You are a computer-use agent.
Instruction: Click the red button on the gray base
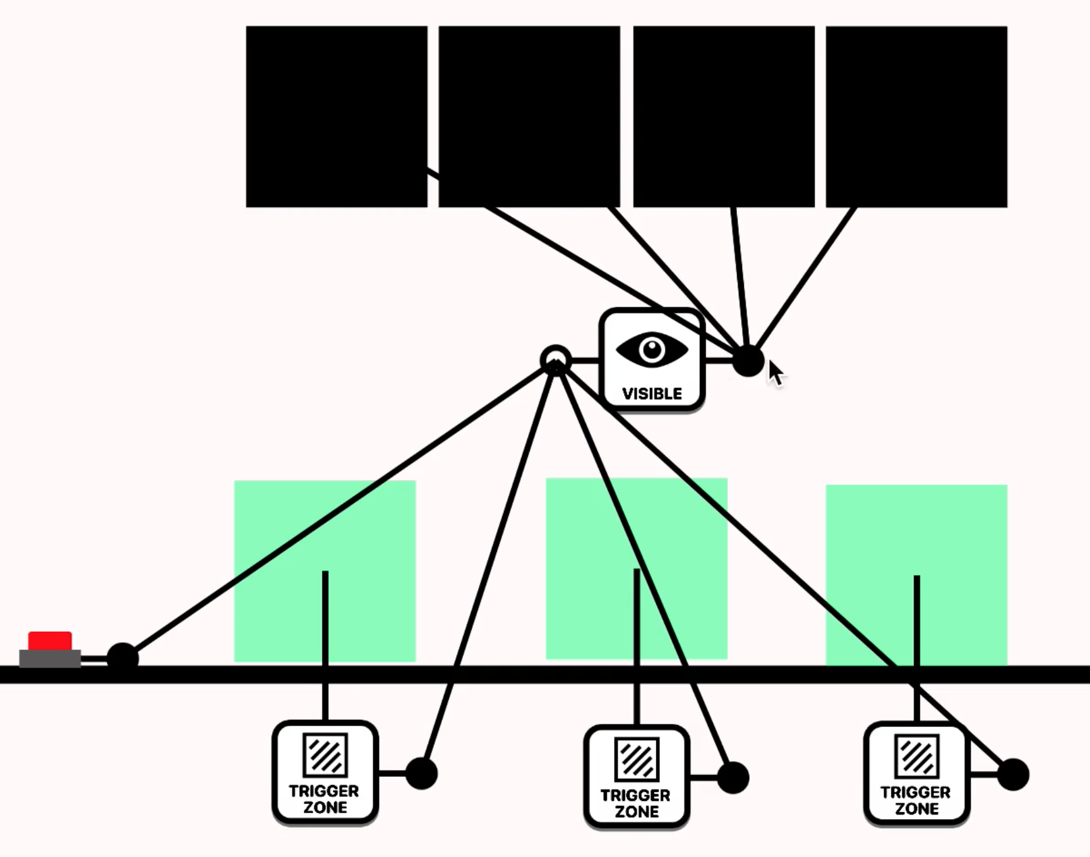[50, 641]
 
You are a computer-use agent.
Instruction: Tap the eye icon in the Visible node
[652, 349]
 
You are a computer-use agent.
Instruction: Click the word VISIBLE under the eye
[652, 394]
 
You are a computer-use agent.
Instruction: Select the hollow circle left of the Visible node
[556, 360]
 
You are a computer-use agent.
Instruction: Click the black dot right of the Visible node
[748, 361]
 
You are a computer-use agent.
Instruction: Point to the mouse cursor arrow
[776, 373]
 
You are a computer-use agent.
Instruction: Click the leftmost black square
[337, 117]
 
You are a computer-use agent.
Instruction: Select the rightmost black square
[916, 117]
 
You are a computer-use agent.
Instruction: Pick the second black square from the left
[529, 117]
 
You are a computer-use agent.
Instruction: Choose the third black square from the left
[724, 117]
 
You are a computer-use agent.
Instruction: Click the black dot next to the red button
[123, 658]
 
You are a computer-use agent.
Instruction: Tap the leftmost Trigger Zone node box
[325, 772]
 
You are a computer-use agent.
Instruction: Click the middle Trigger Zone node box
[637, 776]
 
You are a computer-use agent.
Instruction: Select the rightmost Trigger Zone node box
[916, 774]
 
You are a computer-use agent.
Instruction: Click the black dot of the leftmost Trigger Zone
[421, 773]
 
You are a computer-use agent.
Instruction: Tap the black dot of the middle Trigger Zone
[733, 777]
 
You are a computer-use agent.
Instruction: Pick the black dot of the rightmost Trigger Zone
[1013, 774]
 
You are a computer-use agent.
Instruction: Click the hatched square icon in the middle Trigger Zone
[637, 759]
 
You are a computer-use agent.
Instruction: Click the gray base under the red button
[50, 658]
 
